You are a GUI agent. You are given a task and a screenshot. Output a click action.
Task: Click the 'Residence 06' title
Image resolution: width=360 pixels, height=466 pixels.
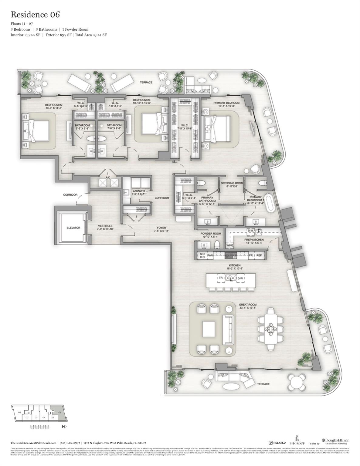(35, 14)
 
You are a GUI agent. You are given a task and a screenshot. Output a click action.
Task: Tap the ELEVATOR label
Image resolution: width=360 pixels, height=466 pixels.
(73, 228)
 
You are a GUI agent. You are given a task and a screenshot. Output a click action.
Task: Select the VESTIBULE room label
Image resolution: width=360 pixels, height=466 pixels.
(105, 226)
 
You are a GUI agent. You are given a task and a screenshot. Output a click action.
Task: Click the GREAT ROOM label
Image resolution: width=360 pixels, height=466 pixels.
(248, 305)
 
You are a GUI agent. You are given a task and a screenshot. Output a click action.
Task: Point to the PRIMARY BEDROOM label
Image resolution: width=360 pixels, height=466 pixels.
(226, 103)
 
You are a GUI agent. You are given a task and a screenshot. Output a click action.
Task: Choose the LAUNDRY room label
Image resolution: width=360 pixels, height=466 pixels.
(139, 191)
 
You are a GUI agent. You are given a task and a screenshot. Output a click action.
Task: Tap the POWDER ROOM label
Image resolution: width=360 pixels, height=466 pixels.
(211, 234)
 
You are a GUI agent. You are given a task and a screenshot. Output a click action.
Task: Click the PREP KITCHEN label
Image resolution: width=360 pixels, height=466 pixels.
(254, 240)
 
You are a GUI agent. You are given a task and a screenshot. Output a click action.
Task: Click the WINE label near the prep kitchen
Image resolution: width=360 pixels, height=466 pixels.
(230, 245)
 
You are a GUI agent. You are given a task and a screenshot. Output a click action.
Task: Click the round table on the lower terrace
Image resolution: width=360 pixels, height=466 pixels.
(297, 380)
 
